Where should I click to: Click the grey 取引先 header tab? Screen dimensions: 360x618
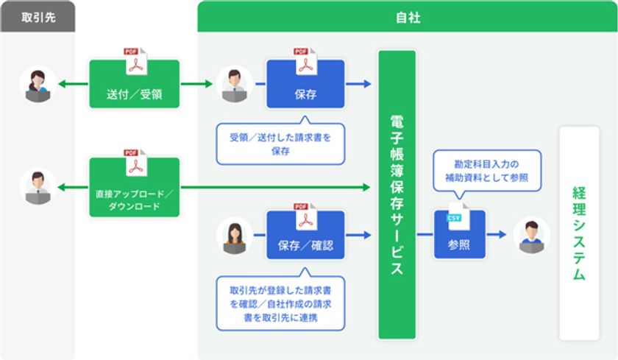tap(38, 17)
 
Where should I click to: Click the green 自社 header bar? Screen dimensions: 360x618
tap(407, 17)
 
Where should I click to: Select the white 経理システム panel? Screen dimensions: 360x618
tap(578, 233)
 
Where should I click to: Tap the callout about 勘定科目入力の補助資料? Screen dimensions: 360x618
tap(486, 170)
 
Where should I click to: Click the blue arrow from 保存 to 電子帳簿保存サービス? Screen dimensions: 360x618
tap(358, 85)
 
